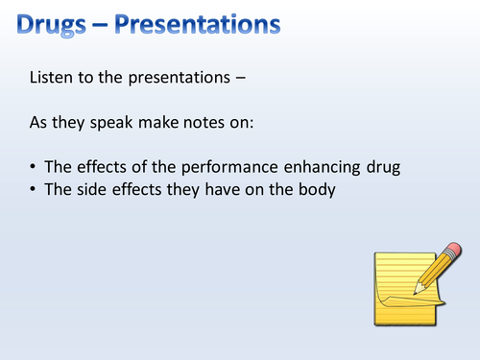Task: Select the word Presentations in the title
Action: (197, 20)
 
